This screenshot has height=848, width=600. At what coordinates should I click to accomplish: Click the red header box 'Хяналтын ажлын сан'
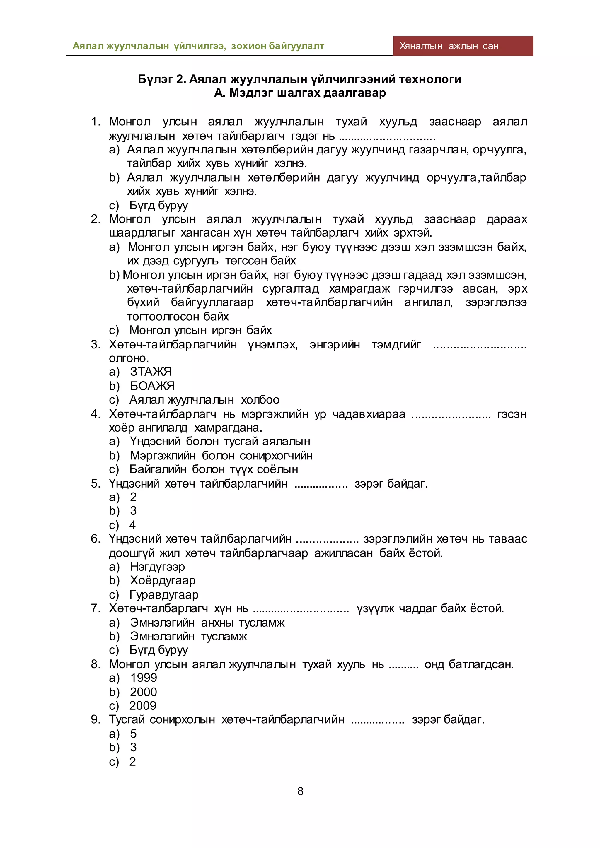pyautogui.click(x=463, y=46)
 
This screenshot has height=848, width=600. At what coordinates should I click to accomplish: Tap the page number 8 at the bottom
pyautogui.click(x=300, y=791)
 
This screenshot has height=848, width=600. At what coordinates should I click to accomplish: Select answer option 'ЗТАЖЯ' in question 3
pyautogui.click(x=151, y=372)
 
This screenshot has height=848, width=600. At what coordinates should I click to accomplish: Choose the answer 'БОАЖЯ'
pyautogui.click(x=152, y=386)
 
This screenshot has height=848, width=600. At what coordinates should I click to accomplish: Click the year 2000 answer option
pyautogui.click(x=143, y=692)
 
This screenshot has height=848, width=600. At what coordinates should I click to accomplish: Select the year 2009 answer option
pyautogui.click(x=143, y=706)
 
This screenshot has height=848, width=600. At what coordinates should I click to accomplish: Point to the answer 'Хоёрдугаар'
pyautogui.click(x=163, y=581)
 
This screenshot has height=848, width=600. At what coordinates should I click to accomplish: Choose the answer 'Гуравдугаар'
pyautogui.click(x=164, y=595)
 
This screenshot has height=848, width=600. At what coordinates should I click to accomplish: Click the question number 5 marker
pyautogui.click(x=95, y=483)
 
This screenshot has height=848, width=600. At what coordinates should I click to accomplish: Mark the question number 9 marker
pyautogui.click(x=95, y=719)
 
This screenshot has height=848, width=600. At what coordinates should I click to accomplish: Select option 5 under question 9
pyautogui.click(x=133, y=734)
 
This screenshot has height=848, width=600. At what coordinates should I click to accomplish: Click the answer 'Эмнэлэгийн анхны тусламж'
pyautogui.click(x=207, y=623)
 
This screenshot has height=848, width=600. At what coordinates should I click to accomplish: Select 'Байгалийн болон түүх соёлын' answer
pyautogui.click(x=214, y=469)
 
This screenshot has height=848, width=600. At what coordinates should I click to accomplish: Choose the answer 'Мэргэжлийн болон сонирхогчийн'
pyautogui.click(x=221, y=455)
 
